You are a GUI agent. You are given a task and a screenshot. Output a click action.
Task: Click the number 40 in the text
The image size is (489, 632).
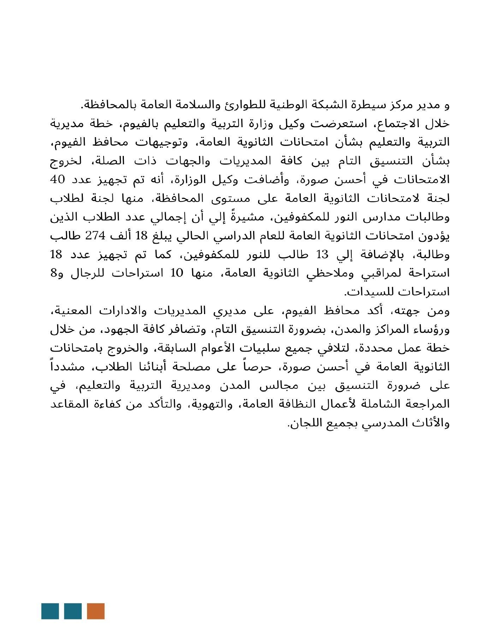coord(58,180)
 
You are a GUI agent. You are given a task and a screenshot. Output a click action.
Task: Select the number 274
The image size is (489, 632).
coord(95,236)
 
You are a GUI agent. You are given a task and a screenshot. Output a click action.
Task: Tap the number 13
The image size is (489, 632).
coord(322,254)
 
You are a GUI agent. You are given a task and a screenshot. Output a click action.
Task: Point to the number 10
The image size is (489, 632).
coord(177,273)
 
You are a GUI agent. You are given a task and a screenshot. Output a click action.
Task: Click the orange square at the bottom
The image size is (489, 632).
coord(95,611)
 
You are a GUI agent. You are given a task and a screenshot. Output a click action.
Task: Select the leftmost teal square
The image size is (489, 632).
coord(50,611)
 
